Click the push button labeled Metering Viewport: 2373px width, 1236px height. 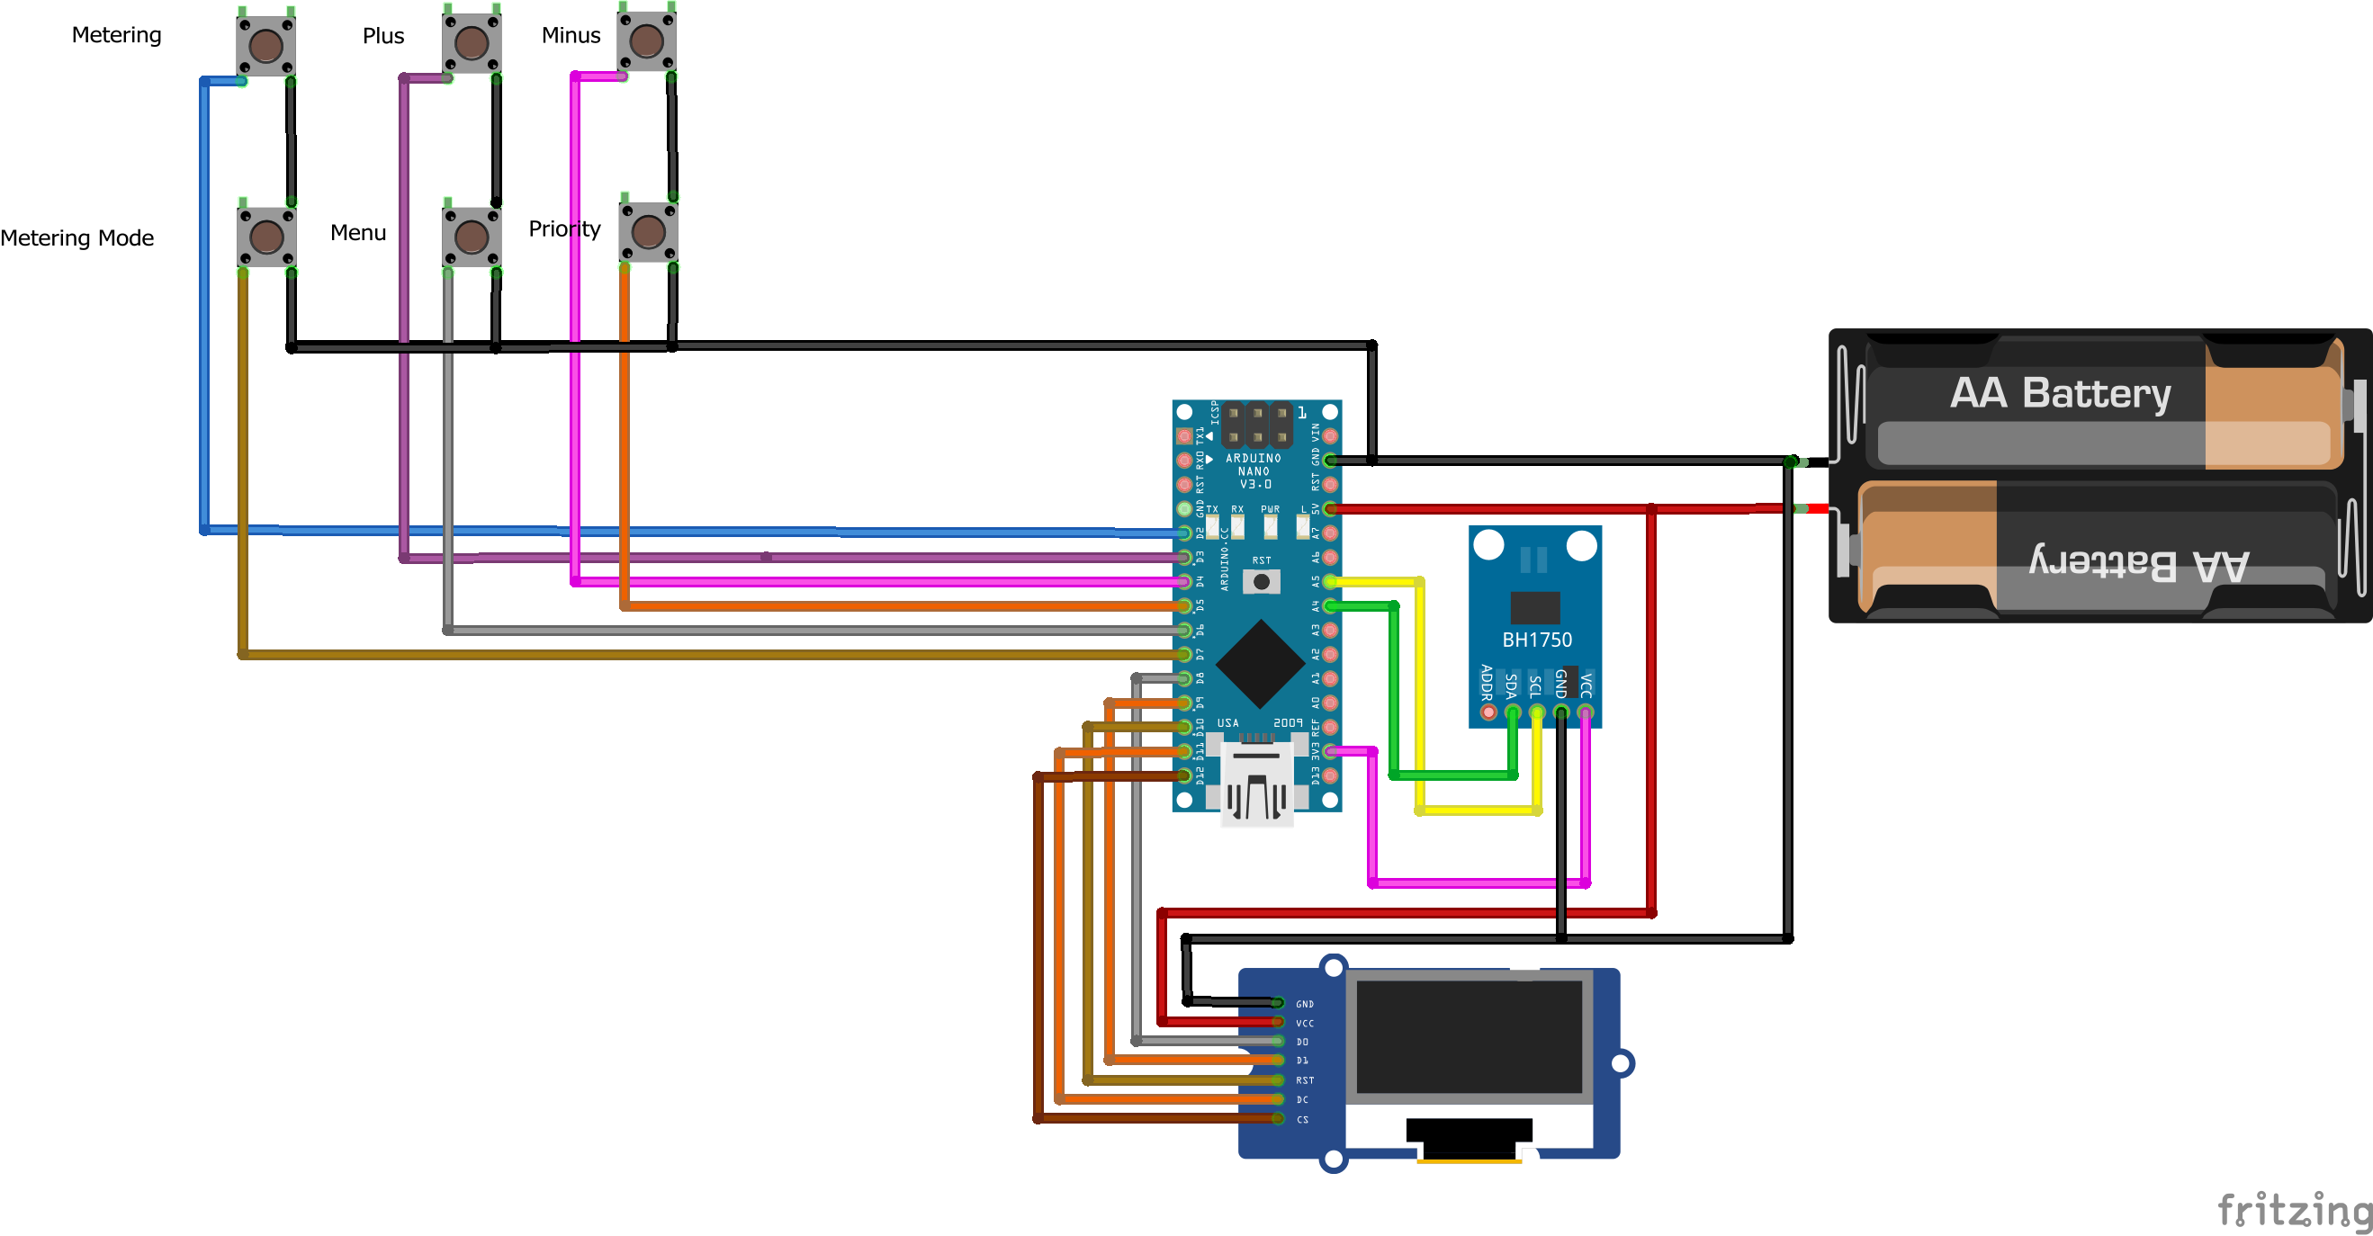click(x=266, y=44)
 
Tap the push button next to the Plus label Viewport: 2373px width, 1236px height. click(x=472, y=42)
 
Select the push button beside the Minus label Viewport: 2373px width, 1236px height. click(x=647, y=40)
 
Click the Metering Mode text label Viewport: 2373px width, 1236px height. click(x=77, y=238)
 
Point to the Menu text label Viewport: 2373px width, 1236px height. click(x=358, y=233)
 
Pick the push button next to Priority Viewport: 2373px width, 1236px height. click(x=649, y=232)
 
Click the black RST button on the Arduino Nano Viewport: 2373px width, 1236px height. click(x=1261, y=581)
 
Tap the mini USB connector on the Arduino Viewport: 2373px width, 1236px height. click(x=1256, y=787)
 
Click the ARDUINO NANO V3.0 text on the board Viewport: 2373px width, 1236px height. click(x=1254, y=470)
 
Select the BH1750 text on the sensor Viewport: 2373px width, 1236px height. click(x=1536, y=640)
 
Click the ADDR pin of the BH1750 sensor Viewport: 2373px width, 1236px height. click(x=1488, y=712)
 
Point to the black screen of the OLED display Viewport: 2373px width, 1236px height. click(x=1469, y=1036)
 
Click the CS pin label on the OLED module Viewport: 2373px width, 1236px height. click(x=1302, y=1119)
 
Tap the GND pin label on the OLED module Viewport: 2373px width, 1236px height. click(x=1305, y=1004)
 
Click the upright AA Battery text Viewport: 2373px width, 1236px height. click(x=2060, y=393)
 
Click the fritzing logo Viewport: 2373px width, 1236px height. click(x=2293, y=1209)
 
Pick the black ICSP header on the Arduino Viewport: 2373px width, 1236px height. click(x=1256, y=425)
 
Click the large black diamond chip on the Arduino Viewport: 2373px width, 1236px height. click(x=1259, y=664)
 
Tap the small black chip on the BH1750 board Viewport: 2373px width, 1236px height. click(x=1534, y=607)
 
